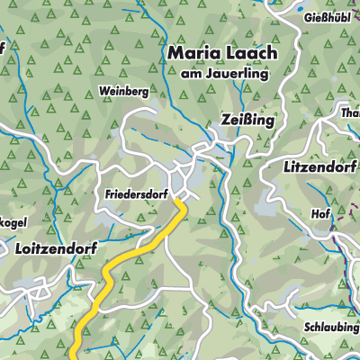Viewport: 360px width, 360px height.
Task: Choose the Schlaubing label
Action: click(x=330, y=329)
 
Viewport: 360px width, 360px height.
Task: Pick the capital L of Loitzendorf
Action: click(x=20, y=245)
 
